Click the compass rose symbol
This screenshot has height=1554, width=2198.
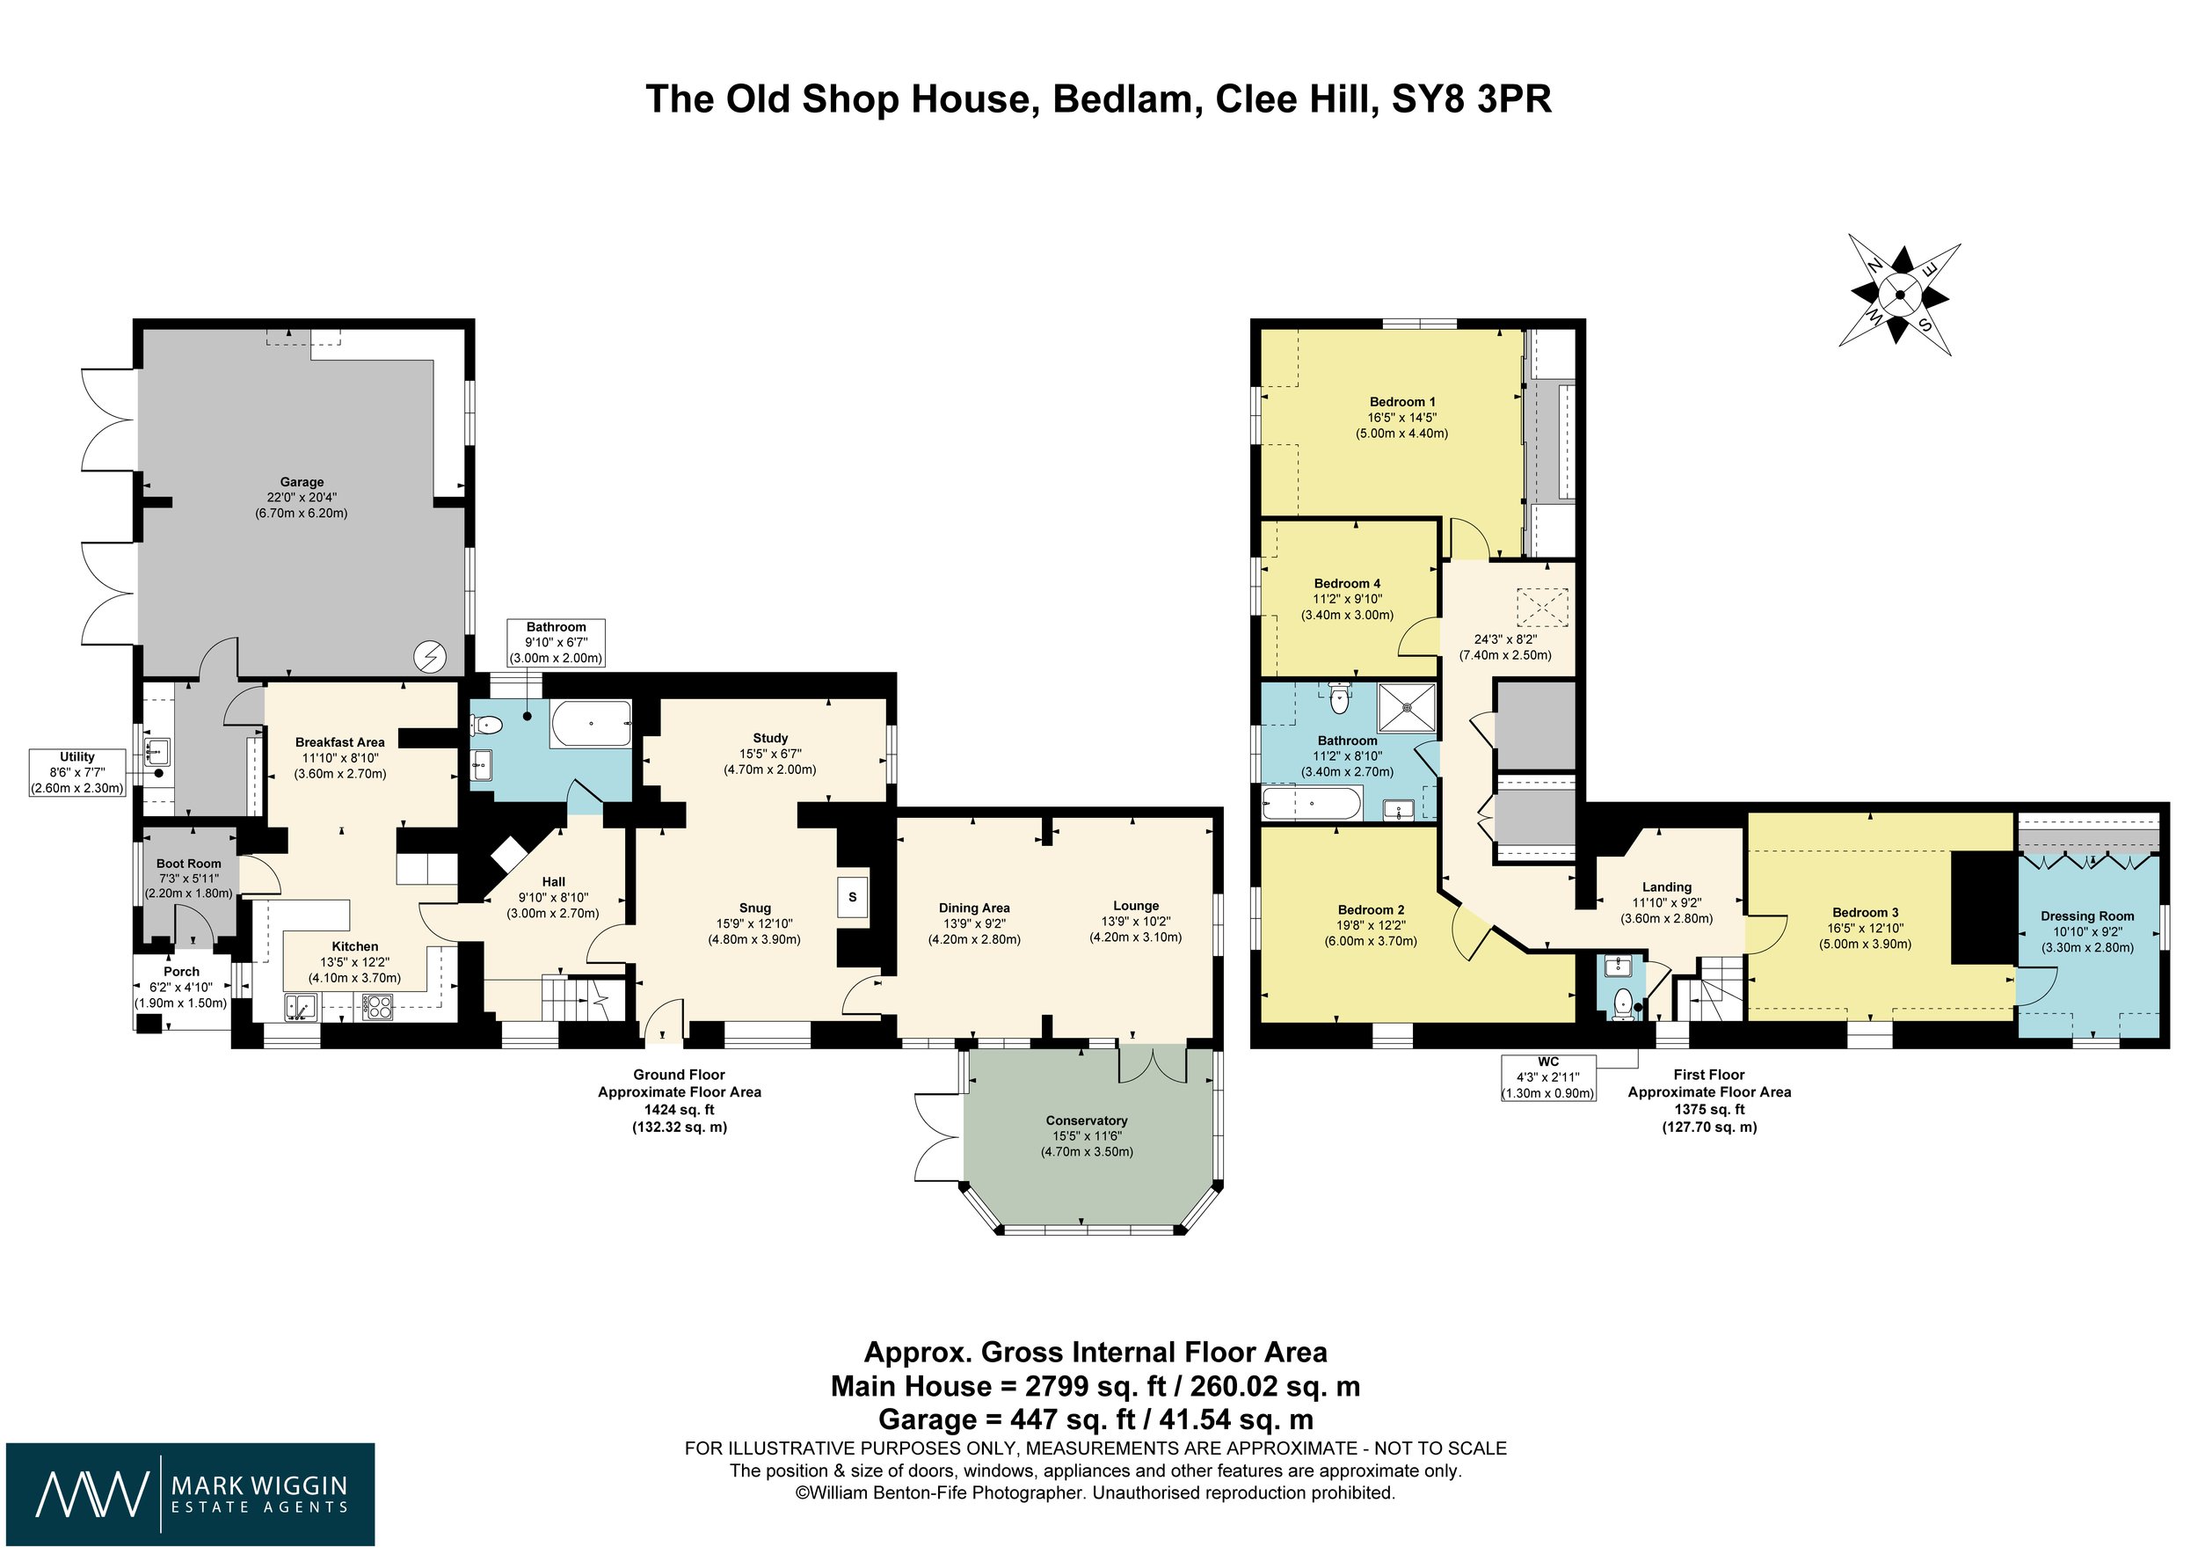click(1899, 294)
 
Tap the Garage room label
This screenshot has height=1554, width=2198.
click(302, 482)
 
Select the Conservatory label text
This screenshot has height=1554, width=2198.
click(1087, 1120)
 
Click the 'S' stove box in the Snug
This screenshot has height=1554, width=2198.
click(853, 898)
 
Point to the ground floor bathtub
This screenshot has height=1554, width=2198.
click(591, 725)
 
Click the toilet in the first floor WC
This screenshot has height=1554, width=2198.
click(1623, 1003)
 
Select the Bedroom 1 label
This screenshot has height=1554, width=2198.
click(1401, 402)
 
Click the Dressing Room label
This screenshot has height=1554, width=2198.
click(2087, 916)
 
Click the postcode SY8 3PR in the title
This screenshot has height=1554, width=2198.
click(1472, 99)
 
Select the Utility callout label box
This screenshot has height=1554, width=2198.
click(77, 773)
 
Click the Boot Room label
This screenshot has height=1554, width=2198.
click(189, 864)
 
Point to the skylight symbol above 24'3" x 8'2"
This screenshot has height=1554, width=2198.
click(1542, 607)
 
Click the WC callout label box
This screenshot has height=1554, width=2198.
click(1548, 1077)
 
